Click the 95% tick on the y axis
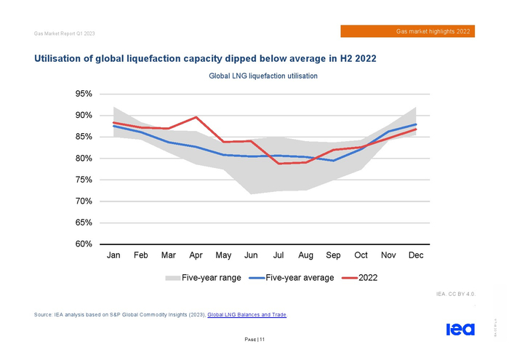point(81,95)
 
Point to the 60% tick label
point(81,244)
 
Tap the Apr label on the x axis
point(196,256)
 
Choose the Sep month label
point(333,256)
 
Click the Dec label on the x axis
point(416,256)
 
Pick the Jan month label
point(114,256)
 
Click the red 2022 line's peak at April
point(196,117)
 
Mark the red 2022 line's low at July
point(278,164)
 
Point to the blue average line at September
point(333,161)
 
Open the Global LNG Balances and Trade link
point(247,314)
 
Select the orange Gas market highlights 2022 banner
point(407,31)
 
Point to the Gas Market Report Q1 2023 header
point(65,34)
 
